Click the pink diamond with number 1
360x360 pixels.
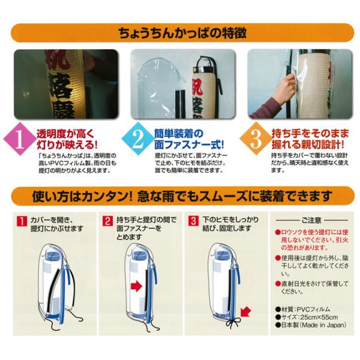20,139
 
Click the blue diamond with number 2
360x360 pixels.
138,139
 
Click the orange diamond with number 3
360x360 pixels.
256,139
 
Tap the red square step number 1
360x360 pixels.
22,221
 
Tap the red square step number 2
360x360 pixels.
107,221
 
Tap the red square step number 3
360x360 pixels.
193,221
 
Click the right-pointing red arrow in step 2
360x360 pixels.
136,287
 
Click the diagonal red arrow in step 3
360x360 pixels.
245,312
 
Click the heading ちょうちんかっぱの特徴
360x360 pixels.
182,33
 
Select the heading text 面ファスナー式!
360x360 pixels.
189,145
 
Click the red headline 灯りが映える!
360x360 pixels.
67,145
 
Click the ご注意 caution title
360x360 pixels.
311,220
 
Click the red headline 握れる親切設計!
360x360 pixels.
308,145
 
